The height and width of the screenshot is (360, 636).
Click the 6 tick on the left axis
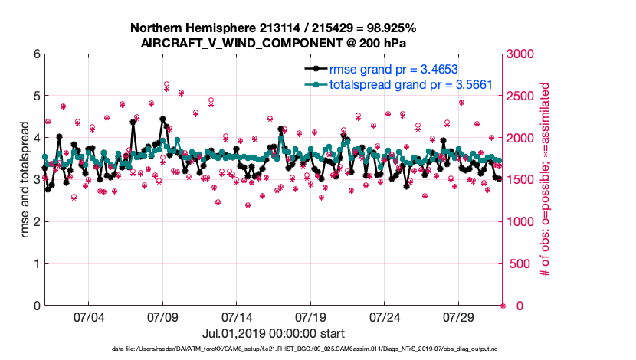pos(36,54)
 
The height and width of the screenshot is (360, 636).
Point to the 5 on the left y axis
pos(36,97)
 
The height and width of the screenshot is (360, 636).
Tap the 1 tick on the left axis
pos(36,264)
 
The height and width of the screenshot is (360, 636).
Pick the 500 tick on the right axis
pos(518,264)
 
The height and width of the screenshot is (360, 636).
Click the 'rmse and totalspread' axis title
pos(24,180)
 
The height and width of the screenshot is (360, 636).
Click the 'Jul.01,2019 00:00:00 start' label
pos(274,333)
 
